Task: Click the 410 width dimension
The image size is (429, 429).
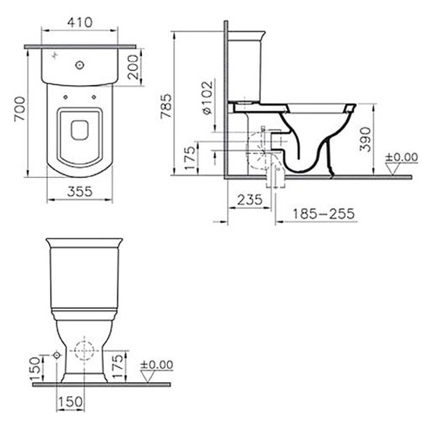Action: pos(80,23)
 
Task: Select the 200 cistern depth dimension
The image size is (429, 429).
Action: pos(134,67)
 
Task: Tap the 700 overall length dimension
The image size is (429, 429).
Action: pos(20,108)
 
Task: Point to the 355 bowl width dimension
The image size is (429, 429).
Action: pos(80,192)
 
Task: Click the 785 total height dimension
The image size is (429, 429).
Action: pos(166,106)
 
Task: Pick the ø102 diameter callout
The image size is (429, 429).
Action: pos(207,97)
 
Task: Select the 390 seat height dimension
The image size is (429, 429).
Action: pos(365,140)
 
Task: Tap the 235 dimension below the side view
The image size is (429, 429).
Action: pos(250,200)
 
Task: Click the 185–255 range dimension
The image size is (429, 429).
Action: pos(324,214)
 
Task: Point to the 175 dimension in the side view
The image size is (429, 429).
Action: pos(190,158)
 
